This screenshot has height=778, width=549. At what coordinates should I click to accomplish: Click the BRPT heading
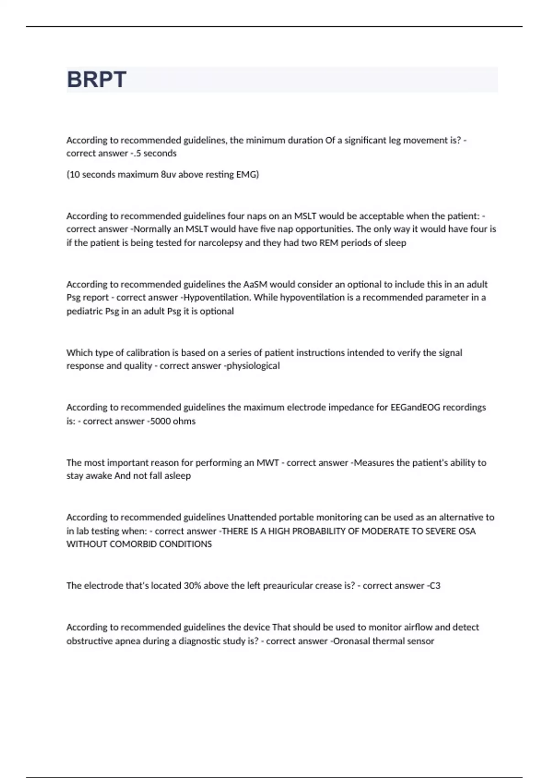(97, 80)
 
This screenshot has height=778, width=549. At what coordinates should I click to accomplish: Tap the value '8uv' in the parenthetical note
(169, 174)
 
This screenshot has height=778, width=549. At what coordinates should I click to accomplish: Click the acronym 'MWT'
(268, 463)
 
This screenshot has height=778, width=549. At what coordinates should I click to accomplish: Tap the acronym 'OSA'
(467, 531)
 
